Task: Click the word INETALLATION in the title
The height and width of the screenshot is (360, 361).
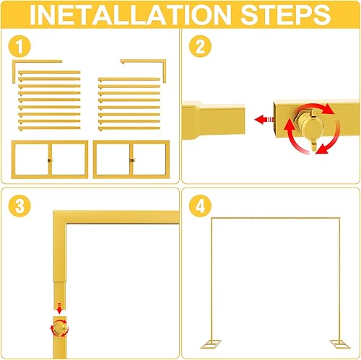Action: [x=124, y=15]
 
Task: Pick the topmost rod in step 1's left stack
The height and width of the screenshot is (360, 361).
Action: [x=49, y=72]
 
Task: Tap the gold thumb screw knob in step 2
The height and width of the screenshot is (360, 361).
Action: [x=312, y=127]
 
